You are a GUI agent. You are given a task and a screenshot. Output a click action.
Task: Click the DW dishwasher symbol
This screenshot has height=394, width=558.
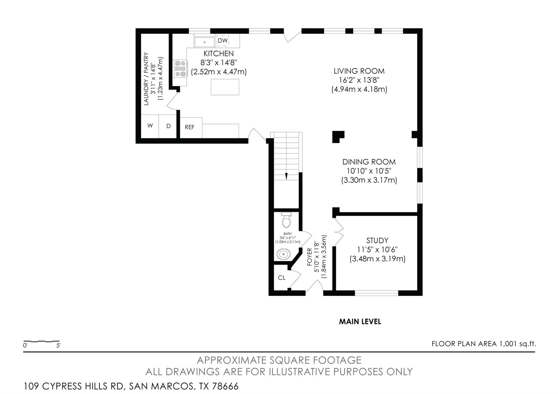point(223,41)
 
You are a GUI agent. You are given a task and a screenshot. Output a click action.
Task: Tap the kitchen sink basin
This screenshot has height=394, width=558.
point(204,42)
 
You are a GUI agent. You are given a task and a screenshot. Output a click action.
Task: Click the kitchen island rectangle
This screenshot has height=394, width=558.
point(225,87)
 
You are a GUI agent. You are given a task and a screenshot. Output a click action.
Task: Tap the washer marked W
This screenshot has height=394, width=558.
point(150,126)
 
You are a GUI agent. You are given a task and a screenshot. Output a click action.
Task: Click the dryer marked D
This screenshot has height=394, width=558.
point(168,126)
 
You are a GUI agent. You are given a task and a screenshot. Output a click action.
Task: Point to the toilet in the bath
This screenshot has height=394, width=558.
point(286,220)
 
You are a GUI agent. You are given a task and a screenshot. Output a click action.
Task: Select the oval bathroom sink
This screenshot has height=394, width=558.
point(284,254)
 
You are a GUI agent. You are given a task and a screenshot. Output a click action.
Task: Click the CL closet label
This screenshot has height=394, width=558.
point(281,278)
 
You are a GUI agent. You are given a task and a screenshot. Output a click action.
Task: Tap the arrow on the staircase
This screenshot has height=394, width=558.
point(286,176)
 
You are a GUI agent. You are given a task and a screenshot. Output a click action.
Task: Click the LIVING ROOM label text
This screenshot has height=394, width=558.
point(359,71)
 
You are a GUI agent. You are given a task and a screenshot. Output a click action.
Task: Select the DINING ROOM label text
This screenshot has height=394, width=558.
point(369,162)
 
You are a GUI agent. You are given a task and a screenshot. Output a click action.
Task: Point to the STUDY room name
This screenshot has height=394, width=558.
point(377,241)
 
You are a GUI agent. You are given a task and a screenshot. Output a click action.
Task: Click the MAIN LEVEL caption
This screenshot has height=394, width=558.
point(360,322)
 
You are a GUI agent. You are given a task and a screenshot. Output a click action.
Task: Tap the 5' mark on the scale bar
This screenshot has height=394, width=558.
point(58,345)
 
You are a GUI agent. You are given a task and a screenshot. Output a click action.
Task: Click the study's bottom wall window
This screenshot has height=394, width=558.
point(377,293)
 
